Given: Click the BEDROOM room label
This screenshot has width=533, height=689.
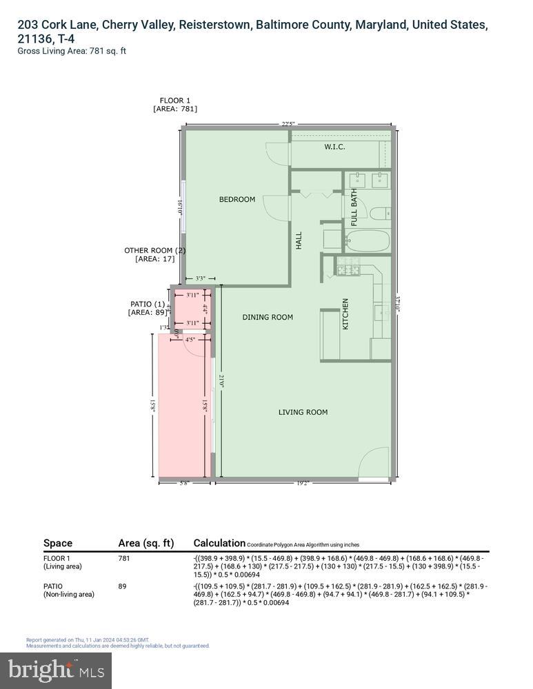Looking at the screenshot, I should [237, 200].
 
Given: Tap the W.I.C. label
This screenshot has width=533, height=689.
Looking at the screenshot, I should [334, 147].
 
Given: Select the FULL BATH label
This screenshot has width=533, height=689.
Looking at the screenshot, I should [354, 207].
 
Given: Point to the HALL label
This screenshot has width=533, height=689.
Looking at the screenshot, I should [299, 240].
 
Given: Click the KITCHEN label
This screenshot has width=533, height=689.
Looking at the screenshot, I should [345, 313].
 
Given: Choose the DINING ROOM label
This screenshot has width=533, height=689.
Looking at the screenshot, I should [268, 318].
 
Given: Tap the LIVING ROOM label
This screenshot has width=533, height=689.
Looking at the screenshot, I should [303, 412].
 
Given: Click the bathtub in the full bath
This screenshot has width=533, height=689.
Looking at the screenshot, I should [367, 242].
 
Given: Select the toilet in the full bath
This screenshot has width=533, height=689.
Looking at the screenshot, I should [380, 214].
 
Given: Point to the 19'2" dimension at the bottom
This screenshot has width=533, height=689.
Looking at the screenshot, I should [303, 484].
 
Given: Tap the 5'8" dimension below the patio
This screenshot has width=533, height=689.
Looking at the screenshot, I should [183, 484].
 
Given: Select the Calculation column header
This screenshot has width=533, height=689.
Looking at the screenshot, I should [219, 543].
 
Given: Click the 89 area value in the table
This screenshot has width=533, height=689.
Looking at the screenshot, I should [123, 586].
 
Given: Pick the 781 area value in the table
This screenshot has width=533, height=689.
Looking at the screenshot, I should [125, 558].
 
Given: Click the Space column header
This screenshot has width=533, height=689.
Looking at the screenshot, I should [58, 543].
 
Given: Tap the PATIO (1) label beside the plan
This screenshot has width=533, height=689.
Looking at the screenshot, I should [148, 304].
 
